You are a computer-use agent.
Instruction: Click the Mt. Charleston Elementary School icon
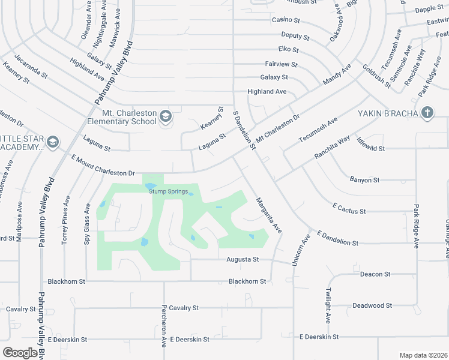[165, 116]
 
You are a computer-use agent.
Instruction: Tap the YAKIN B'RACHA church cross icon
[427, 112]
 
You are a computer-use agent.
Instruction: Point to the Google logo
[20, 352]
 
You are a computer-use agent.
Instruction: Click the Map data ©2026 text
[424, 355]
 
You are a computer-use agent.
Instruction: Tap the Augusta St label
[242, 260]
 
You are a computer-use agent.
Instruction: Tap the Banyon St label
[364, 179]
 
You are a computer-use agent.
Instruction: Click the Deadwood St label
[372, 305]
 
